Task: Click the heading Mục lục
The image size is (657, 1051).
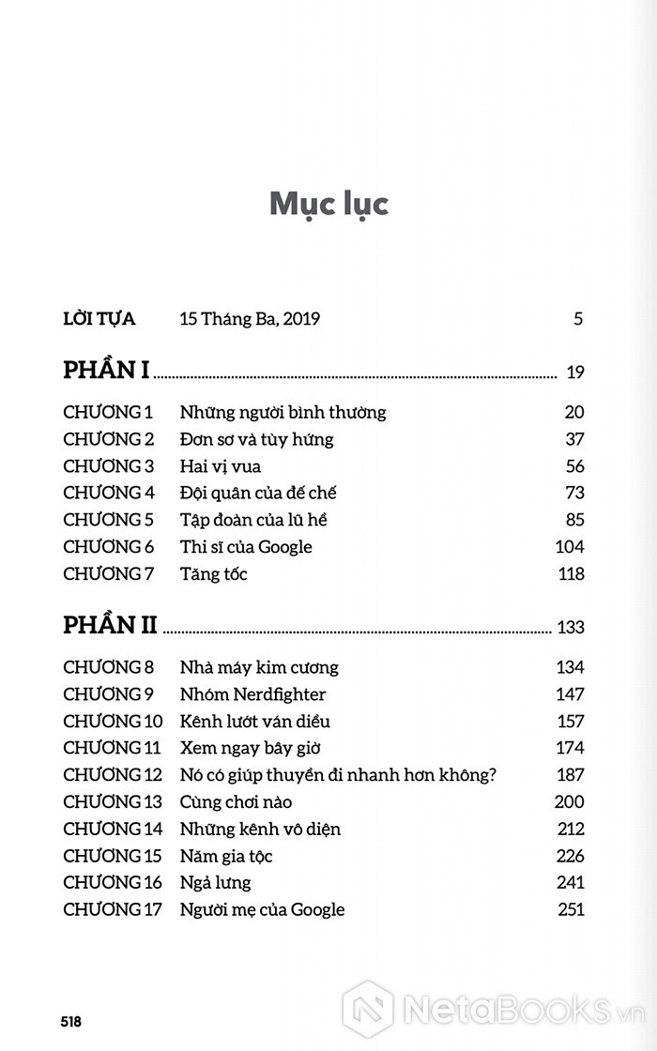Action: [x=328, y=204]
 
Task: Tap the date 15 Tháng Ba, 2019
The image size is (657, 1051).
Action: [x=250, y=319]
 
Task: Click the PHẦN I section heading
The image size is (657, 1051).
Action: [x=106, y=371]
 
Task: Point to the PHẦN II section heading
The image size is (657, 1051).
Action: [x=110, y=625]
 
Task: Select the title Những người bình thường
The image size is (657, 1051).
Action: [x=283, y=412]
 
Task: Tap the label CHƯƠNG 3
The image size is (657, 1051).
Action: [x=108, y=466]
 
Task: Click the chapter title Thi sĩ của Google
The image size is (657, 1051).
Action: [x=246, y=547]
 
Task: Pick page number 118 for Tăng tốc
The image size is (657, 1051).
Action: [x=571, y=574]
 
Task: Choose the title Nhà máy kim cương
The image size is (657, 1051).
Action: [x=259, y=667]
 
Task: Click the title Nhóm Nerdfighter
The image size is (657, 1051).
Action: [x=252, y=694]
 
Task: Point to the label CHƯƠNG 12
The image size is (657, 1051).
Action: [x=113, y=775]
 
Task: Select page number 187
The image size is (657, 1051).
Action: [x=570, y=775]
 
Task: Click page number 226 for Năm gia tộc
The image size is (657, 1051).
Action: [x=570, y=856]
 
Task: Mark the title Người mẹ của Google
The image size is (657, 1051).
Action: [x=262, y=909]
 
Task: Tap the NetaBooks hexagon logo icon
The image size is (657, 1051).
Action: [x=367, y=1006]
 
